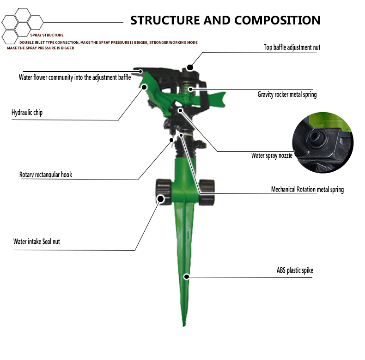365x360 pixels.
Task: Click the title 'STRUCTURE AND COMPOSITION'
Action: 225,20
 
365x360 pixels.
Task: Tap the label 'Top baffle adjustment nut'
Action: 292,47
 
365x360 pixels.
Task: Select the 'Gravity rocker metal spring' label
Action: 287,95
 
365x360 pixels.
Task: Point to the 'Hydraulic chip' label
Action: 27,112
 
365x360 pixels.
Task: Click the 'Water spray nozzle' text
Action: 272,156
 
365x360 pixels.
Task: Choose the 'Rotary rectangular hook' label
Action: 46,174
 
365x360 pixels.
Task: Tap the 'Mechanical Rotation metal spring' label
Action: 307,190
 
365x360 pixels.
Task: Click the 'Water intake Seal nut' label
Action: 36,241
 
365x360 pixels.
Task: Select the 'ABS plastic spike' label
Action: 295,270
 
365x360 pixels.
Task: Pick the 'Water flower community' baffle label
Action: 75,77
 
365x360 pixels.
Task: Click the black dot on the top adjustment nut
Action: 190,67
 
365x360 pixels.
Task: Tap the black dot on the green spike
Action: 187,276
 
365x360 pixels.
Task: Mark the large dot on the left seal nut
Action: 161,199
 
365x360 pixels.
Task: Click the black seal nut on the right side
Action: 207,192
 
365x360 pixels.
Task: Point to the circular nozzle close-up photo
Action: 323,143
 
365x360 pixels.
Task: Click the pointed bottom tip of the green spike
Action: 184,326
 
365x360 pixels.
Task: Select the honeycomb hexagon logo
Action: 22,26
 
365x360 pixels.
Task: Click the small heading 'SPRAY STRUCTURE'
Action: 47,35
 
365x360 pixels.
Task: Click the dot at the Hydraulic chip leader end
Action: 144,87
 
